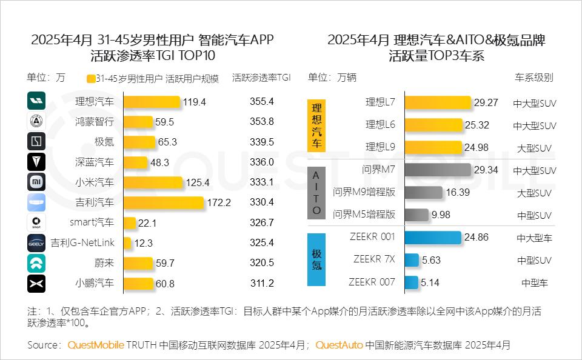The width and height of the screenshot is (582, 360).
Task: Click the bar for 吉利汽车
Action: pos(164,202)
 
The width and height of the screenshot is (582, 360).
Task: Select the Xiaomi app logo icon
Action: pos(36,182)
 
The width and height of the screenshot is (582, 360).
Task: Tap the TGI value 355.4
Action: pos(262,102)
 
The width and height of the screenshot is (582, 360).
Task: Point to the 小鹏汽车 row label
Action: pos(94,283)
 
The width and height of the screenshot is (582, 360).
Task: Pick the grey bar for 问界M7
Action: pos(437,170)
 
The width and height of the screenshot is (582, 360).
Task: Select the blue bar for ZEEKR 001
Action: pos(432,238)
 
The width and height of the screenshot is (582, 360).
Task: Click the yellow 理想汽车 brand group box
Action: pos(316,125)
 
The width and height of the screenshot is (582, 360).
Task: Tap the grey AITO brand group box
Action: pos(316,193)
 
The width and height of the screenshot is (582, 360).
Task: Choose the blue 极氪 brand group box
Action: pos(316,259)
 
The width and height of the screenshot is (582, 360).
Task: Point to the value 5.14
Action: pos(430,282)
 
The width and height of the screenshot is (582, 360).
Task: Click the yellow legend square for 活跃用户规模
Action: pos(91,79)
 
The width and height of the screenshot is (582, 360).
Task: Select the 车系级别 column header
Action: pos(533,78)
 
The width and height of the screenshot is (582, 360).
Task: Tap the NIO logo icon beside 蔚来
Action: pos(36,263)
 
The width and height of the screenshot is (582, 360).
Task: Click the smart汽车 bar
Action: pos(130,223)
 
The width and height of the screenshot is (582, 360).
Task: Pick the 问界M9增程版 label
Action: pos(364,193)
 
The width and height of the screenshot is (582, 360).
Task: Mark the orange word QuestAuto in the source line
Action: pos(339,345)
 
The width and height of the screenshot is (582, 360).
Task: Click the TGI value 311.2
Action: pos(262,283)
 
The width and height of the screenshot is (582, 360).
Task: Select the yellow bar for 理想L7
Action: pos(438,103)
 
